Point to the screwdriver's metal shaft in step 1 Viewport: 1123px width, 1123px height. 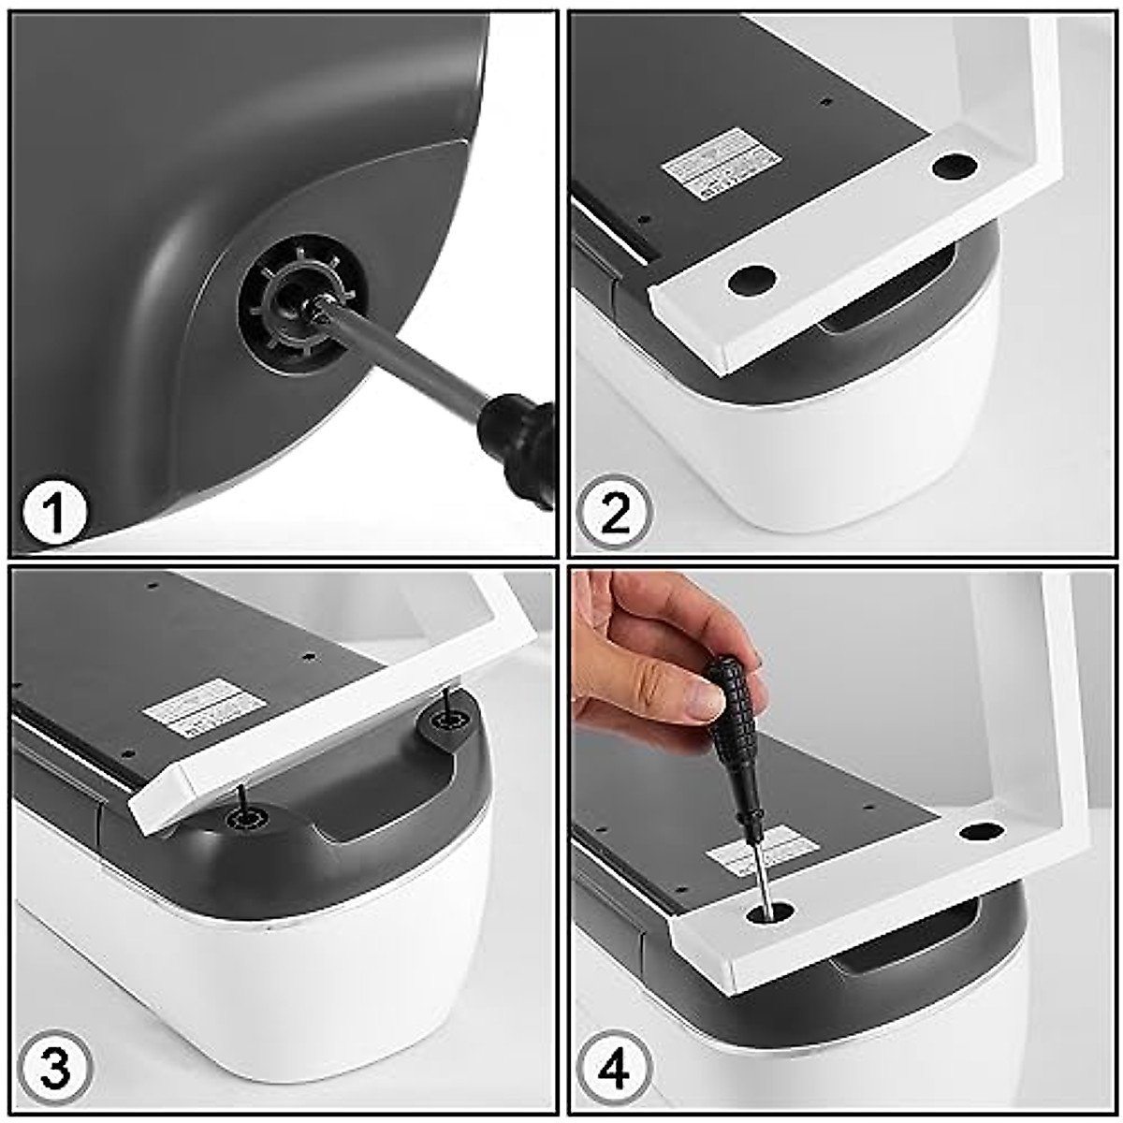pyautogui.click(x=402, y=360)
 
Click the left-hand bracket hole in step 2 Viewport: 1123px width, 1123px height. pyautogui.click(x=752, y=279)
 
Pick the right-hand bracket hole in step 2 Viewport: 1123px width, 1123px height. pyautogui.click(x=954, y=168)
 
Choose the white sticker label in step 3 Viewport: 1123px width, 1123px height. pyautogui.click(x=192, y=706)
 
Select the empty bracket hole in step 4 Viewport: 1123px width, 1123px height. pyautogui.click(x=981, y=829)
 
